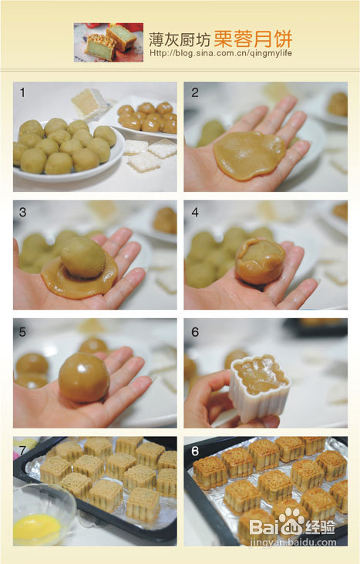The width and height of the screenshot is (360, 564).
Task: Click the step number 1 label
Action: point(22,92)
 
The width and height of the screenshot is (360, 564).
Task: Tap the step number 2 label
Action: point(195,92)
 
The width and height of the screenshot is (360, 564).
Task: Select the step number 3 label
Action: point(22,212)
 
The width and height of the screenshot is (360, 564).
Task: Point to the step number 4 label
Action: point(195,212)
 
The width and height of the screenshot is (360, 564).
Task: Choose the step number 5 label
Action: point(22,331)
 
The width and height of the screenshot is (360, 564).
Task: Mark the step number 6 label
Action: point(195,331)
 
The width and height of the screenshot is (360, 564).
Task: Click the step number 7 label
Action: point(22,450)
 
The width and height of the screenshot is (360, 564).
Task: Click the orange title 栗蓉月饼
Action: point(253,39)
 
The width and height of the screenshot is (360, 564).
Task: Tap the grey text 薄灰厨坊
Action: point(180,40)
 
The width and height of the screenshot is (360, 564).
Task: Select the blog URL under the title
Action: point(220,53)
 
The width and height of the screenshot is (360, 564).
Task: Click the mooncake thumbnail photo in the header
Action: point(109,42)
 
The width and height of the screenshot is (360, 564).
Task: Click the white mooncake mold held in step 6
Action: point(259,388)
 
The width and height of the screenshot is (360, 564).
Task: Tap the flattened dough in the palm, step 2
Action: point(249,155)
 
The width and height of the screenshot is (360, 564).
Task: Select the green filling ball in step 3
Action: point(83,257)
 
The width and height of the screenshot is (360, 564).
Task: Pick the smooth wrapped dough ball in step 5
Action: point(84,377)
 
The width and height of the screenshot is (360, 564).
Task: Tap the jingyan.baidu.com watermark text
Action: point(293,542)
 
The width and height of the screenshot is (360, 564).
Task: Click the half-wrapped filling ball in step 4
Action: point(260,260)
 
